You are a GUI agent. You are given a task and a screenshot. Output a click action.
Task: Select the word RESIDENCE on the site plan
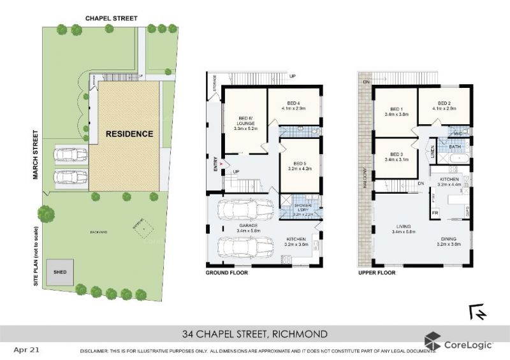pyautogui.click(x=129, y=134)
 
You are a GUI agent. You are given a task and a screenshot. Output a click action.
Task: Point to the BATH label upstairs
pyautogui.click(x=455, y=147)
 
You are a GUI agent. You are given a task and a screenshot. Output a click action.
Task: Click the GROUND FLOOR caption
pyautogui.click(x=226, y=273)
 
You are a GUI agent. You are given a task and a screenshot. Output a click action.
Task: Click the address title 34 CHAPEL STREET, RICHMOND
pyautogui.click(x=255, y=334)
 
